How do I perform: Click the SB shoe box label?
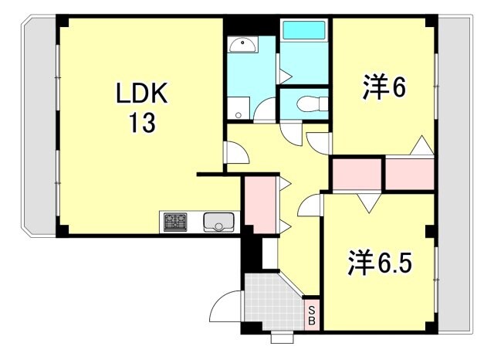312,315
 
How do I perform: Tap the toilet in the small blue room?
313,103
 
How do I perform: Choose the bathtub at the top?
305,32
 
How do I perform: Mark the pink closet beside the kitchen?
259,202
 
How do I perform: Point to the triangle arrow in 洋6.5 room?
368,202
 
